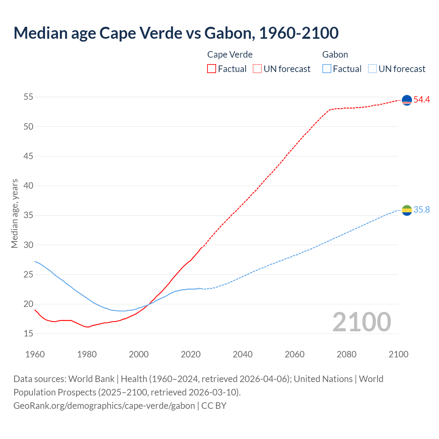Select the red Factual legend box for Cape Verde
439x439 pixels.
pos(212,69)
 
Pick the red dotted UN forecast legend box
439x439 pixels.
pos(257,69)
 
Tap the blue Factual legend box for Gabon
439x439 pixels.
pos(327,69)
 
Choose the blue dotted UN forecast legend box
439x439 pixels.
pos(372,69)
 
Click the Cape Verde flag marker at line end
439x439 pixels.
pos(407,100)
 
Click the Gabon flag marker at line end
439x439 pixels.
pos(407,210)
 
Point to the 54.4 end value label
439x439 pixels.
pos(422,100)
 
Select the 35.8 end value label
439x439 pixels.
pos(422,210)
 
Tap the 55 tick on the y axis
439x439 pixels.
pos(28,97)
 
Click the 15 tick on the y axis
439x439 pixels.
pos(28,333)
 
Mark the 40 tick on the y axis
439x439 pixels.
pos(28,186)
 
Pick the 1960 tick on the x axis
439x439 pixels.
pos(35,354)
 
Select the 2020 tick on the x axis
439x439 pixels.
pos(191,354)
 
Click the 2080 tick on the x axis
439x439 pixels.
pos(346,354)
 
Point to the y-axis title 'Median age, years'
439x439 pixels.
pos(14,213)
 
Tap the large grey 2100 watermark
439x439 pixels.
pos(361,322)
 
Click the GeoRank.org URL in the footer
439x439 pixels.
pos(104,405)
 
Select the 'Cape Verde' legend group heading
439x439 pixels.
pos(230,55)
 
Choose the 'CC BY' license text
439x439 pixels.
pos(214,405)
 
